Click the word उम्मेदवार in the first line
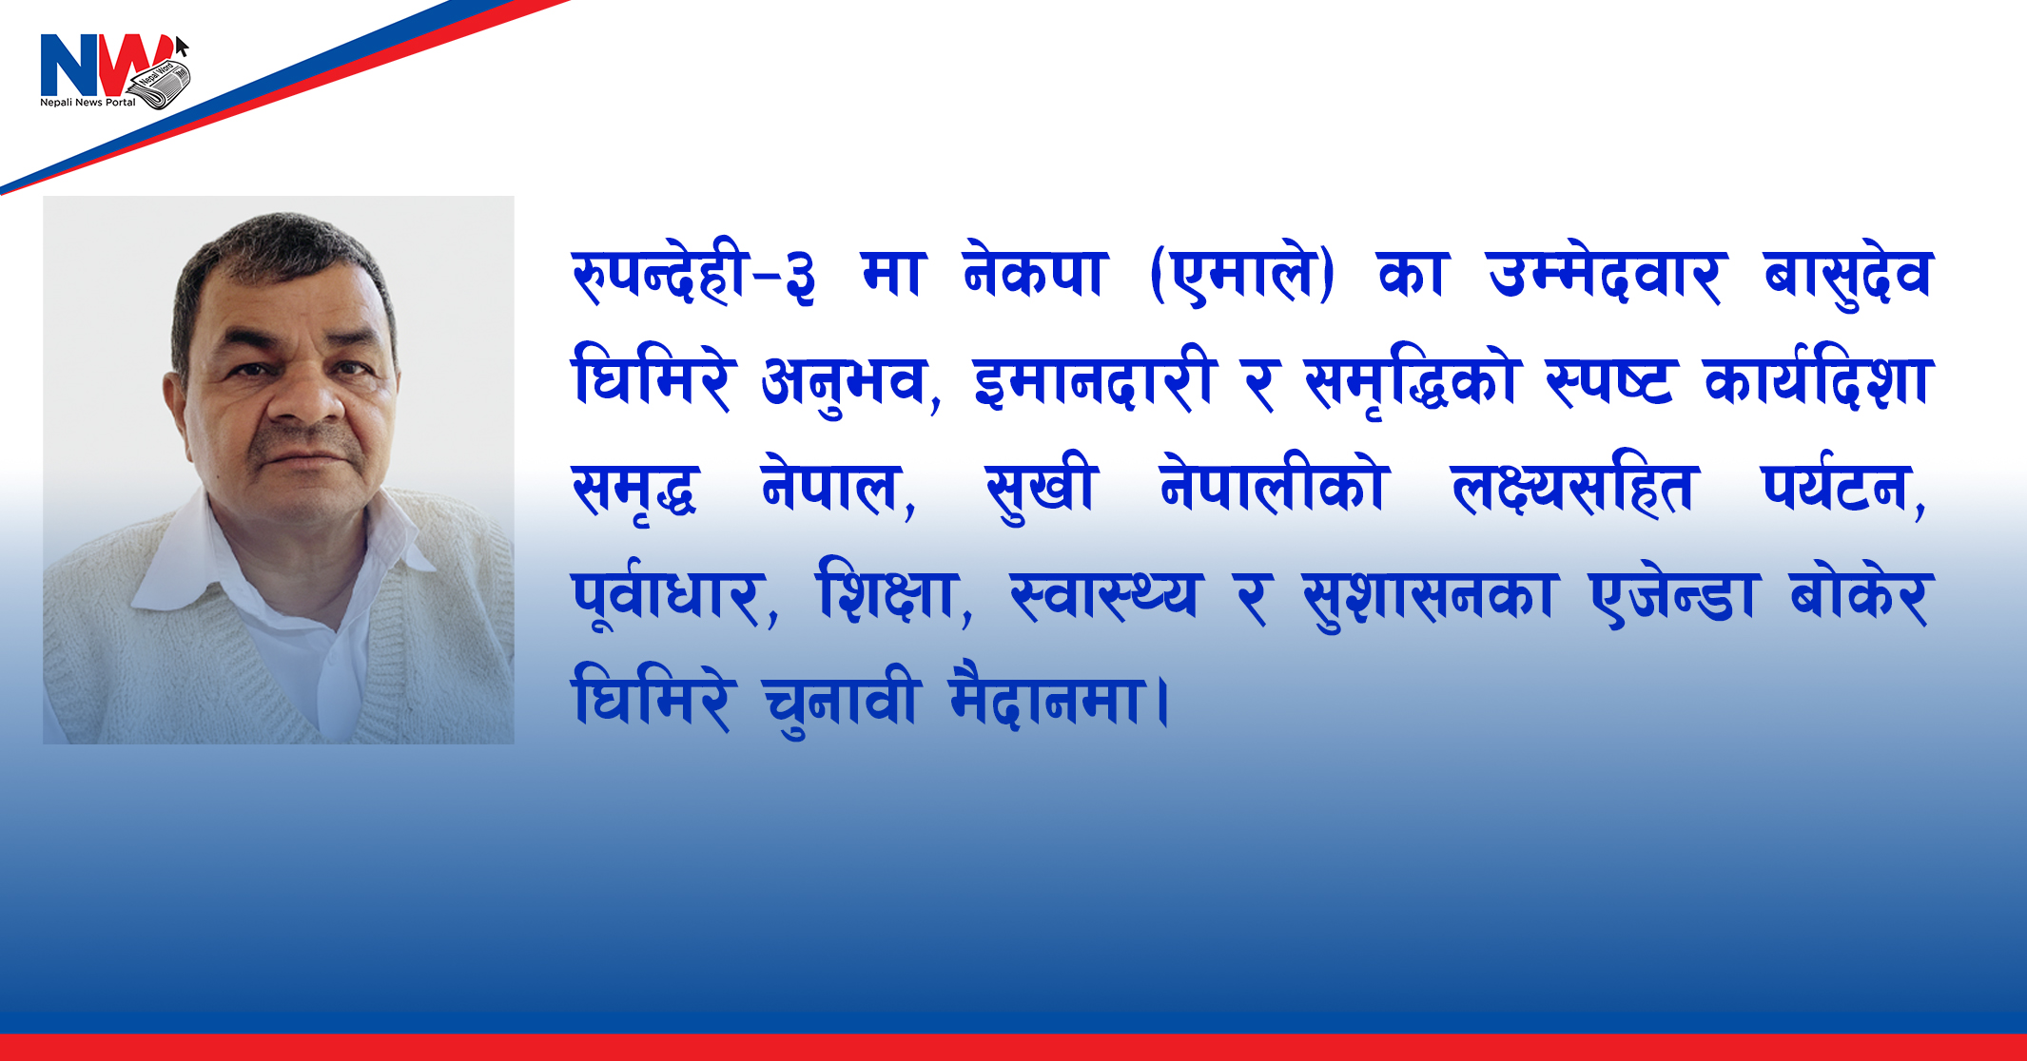1605,276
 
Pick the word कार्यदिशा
1819,379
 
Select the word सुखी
1043,491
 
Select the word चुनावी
841,702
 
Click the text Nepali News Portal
88,102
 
